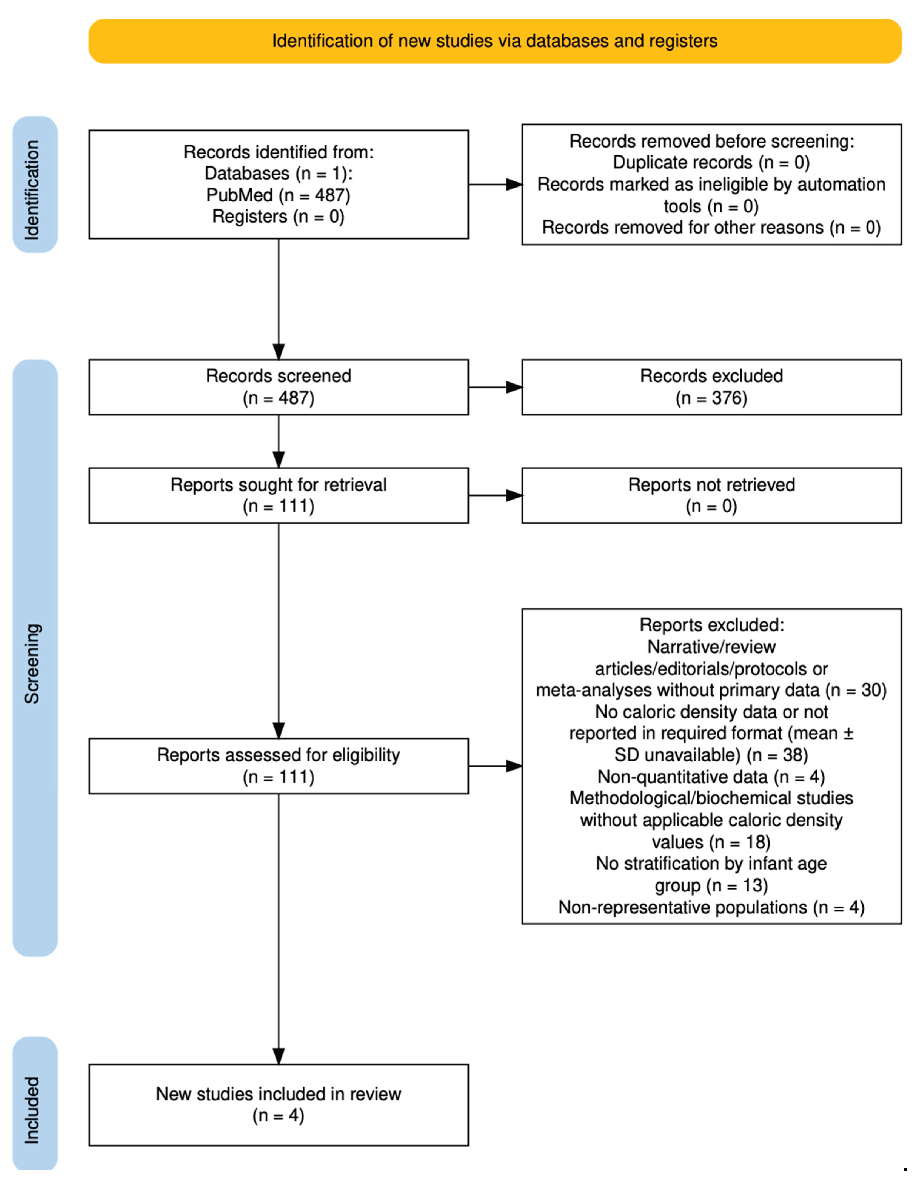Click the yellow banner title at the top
[494, 41]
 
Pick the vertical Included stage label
[32, 1110]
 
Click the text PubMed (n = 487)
[278, 195]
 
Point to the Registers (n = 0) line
[278, 216]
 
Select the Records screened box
[278, 387]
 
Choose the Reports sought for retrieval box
[278, 495]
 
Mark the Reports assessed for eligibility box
[278, 766]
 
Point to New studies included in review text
[278, 1094]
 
